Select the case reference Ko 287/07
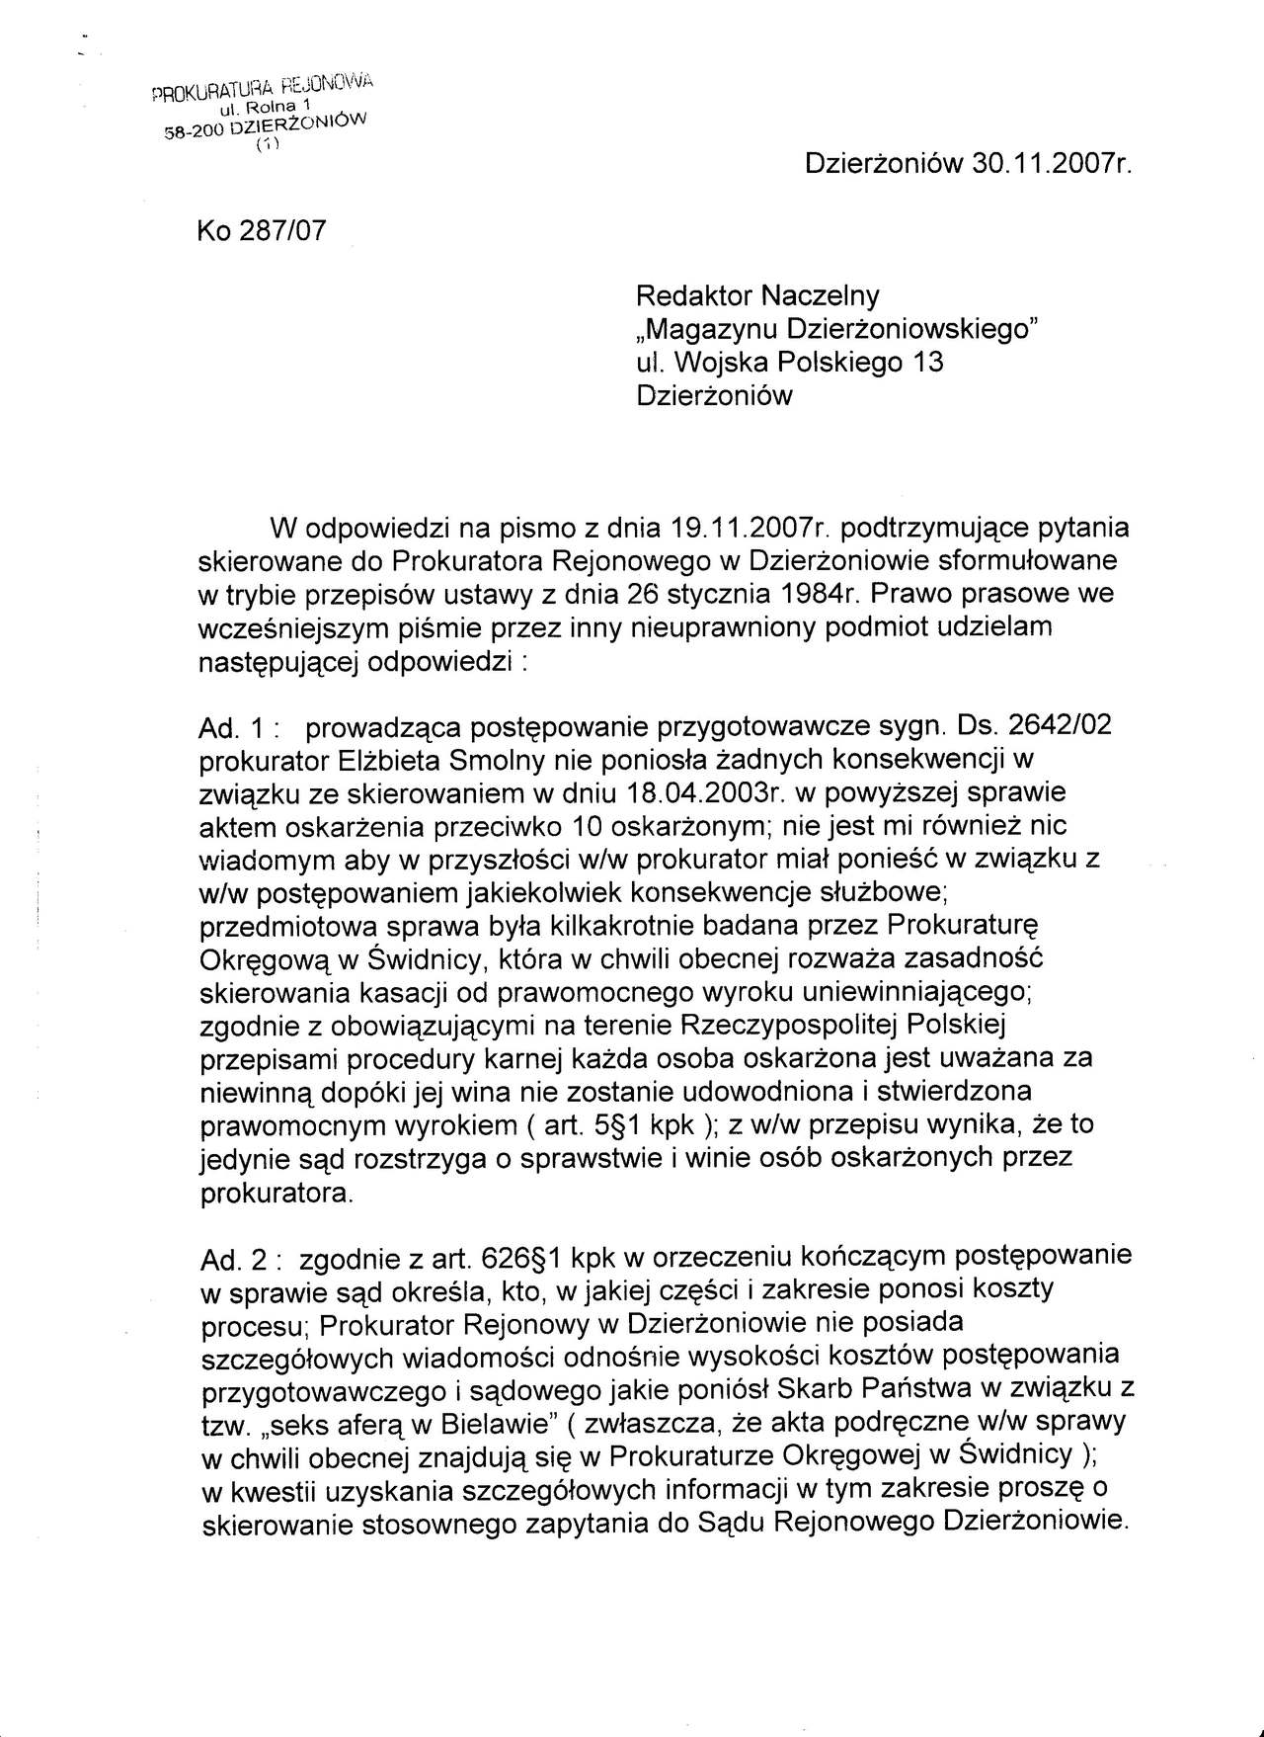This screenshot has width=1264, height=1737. coord(262,230)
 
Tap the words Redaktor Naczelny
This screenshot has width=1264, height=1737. coord(757,295)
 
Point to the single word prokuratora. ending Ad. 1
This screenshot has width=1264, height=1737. coord(276,1193)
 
